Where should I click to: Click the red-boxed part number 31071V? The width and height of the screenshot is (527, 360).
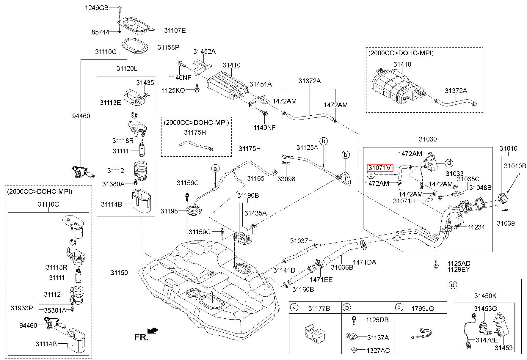pyautogui.click(x=380, y=168)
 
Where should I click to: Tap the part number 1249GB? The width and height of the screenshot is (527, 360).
pyautogui.click(x=97, y=8)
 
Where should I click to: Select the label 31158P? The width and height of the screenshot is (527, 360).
pyautogui.click(x=169, y=47)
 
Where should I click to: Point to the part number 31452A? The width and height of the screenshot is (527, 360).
pyautogui.click(x=204, y=51)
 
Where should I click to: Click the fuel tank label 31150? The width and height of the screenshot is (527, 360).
pyautogui.click(x=119, y=273)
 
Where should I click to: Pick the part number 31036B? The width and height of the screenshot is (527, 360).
pyautogui.click(x=342, y=267)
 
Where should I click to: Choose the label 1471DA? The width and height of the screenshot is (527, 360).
pyautogui.click(x=364, y=262)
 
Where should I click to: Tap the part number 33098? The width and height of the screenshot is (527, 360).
pyautogui.click(x=286, y=179)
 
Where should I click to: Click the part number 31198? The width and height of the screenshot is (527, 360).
pyautogui.click(x=169, y=211)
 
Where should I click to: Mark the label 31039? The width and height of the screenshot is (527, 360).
pyautogui.click(x=506, y=223)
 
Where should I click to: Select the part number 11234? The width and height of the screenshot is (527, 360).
pyautogui.click(x=476, y=227)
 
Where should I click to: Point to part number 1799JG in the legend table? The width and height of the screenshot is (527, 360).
pyautogui.click(x=423, y=309)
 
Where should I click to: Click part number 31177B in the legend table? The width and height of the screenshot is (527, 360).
pyautogui.click(x=319, y=309)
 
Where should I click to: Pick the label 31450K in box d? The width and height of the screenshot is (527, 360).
pyautogui.click(x=485, y=296)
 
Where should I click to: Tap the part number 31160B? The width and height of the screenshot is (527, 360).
pyautogui.click(x=303, y=289)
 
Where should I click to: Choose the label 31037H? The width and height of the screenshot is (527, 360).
pyautogui.click(x=302, y=241)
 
